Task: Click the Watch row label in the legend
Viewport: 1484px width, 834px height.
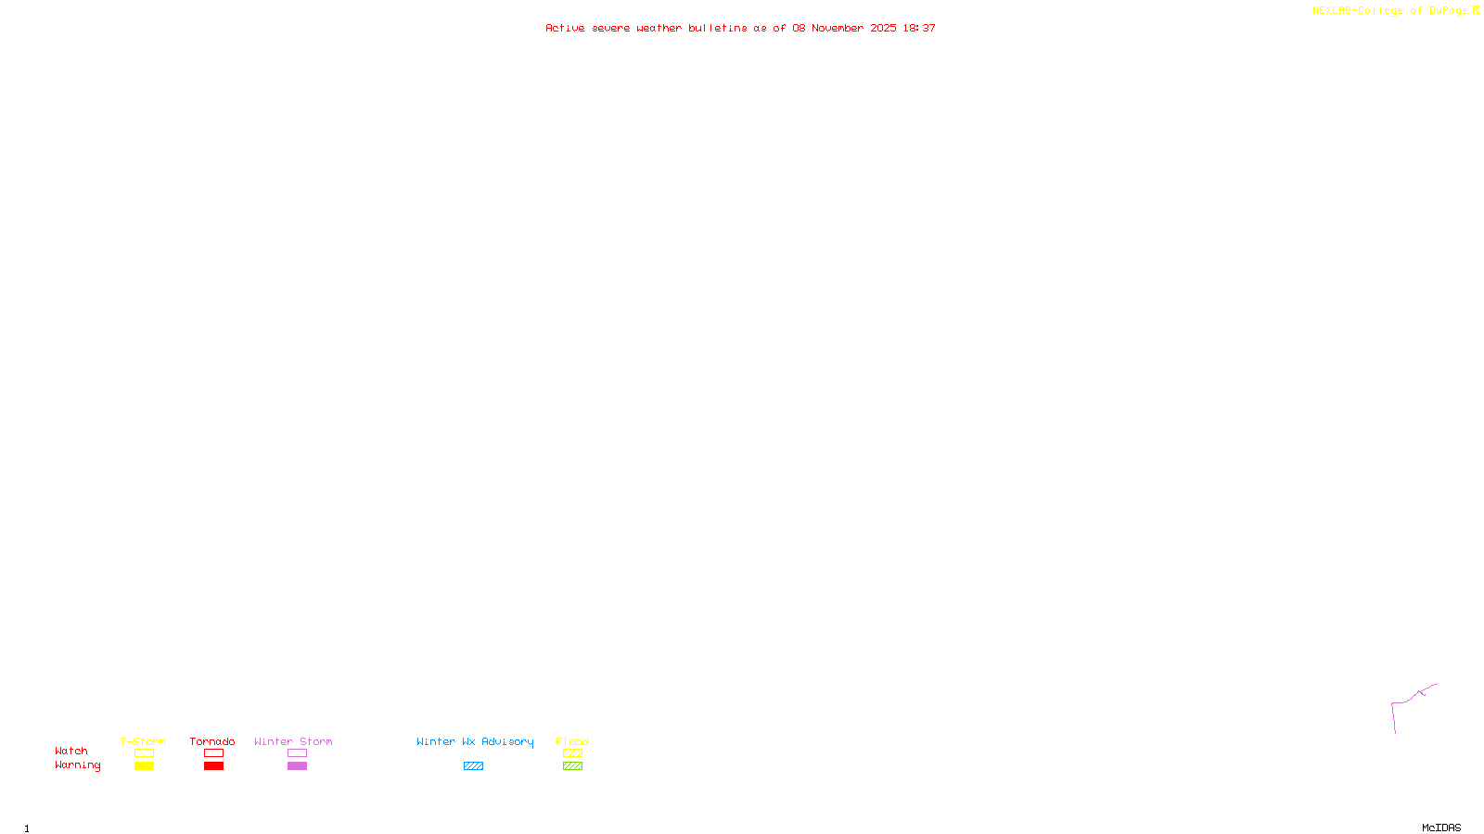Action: click(71, 751)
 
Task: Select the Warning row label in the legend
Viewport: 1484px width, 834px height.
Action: click(78, 765)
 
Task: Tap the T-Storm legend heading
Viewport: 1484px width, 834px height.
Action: click(143, 741)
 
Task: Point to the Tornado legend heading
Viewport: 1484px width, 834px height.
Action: click(212, 741)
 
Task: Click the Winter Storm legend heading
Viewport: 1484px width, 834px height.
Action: click(293, 741)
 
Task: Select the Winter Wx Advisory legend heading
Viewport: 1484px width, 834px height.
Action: click(475, 741)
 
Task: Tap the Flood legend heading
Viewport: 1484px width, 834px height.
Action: click(572, 741)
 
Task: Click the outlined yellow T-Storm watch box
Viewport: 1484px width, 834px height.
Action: click(144, 753)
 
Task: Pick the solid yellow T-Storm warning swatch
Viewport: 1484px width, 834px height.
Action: click(144, 766)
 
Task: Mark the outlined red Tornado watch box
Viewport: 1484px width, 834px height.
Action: click(213, 753)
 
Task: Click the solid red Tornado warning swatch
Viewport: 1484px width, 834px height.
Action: click(213, 766)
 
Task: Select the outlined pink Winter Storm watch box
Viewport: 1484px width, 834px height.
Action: click(297, 753)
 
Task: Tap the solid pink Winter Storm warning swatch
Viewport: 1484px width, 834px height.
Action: click(297, 766)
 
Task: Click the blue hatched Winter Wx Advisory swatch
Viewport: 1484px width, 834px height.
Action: click(473, 766)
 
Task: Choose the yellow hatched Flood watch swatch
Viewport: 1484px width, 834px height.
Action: click(572, 753)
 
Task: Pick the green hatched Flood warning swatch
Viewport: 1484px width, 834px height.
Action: click(572, 766)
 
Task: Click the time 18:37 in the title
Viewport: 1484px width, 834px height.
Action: click(919, 28)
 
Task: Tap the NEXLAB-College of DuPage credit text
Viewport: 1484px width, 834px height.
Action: click(1389, 10)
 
